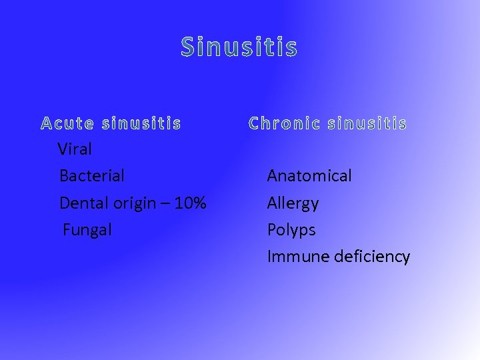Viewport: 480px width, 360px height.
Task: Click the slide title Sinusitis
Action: (x=239, y=47)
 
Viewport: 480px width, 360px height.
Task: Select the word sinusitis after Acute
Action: (x=141, y=123)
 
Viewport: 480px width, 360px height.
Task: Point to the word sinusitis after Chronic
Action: (x=367, y=123)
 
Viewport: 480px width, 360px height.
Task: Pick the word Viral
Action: (x=75, y=149)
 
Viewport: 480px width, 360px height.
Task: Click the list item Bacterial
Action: (x=92, y=176)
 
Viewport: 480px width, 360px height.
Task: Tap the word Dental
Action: (x=83, y=203)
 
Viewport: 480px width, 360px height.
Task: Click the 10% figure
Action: (x=190, y=203)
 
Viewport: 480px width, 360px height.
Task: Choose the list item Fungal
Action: (x=87, y=230)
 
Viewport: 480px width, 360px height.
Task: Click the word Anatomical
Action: (x=309, y=176)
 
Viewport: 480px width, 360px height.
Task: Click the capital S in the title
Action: (x=188, y=47)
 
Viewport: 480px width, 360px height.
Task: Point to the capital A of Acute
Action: (x=47, y=123)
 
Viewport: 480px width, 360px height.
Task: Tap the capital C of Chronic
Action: (x=255, y=123)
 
